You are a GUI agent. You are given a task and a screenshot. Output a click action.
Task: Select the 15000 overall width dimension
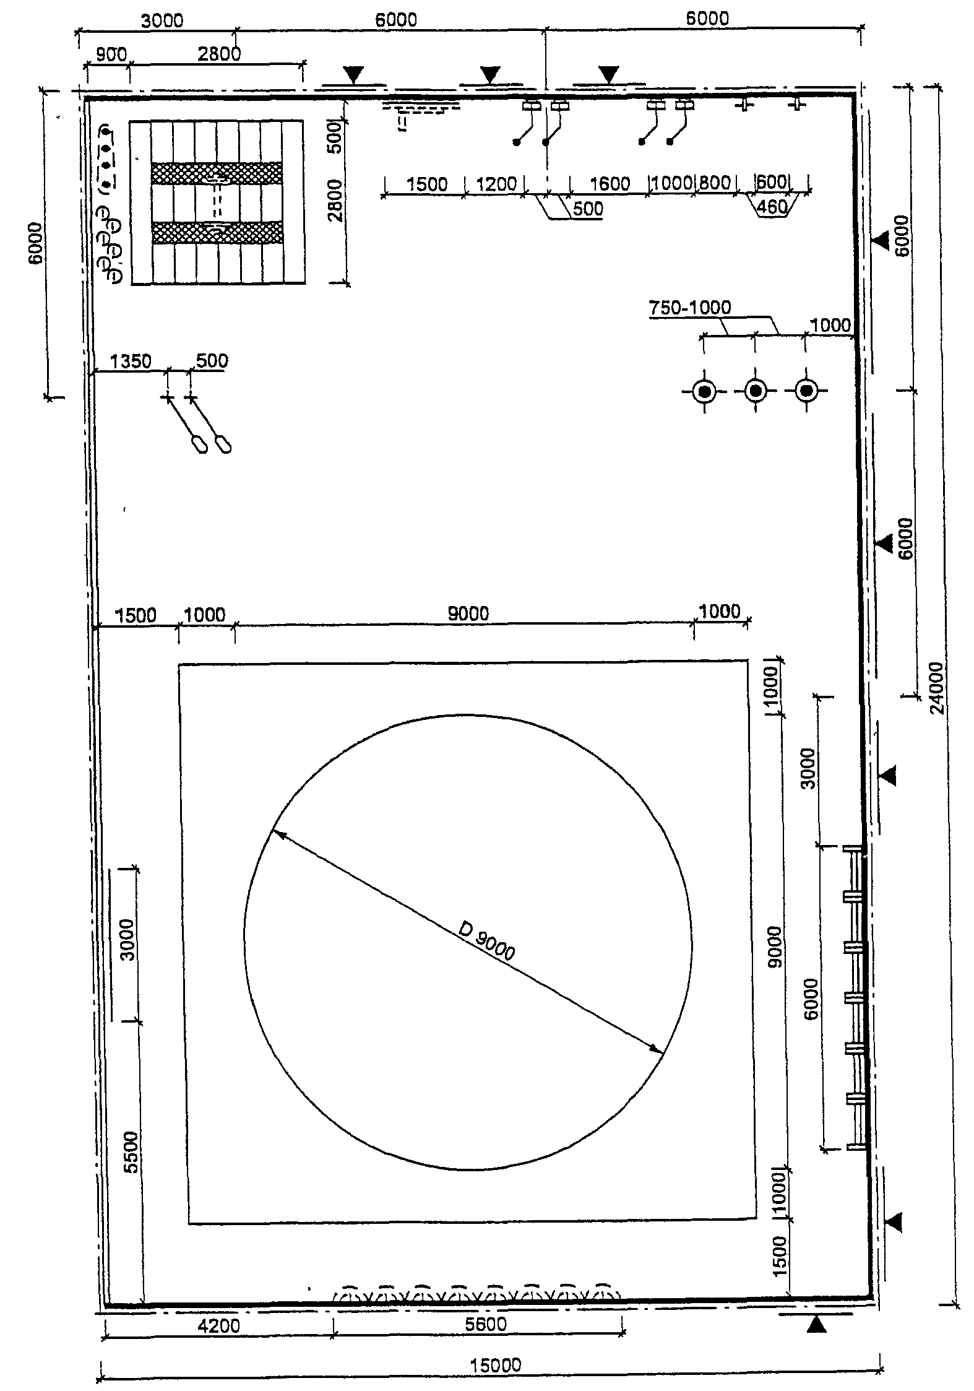(495, 1344)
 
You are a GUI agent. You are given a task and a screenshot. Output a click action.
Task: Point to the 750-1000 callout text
(690, 307)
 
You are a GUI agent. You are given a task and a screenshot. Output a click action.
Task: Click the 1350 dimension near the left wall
(130, 361)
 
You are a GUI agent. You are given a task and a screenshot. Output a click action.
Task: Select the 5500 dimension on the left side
(132, 1152)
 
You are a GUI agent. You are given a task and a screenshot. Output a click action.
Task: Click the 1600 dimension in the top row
(610, 183)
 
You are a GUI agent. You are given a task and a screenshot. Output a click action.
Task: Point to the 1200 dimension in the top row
(496, 183)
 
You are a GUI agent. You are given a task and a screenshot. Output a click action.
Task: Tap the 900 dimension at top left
(112, 54)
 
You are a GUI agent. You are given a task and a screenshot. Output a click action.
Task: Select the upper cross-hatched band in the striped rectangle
(217, 173)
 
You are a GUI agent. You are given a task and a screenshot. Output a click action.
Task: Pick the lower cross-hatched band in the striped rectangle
(217, 232)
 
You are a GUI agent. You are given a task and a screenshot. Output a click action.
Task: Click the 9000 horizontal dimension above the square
(468, 613)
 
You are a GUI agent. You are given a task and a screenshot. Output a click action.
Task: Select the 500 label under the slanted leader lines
(587, 209)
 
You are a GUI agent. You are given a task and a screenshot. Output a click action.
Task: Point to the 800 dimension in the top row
(714, 183)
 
